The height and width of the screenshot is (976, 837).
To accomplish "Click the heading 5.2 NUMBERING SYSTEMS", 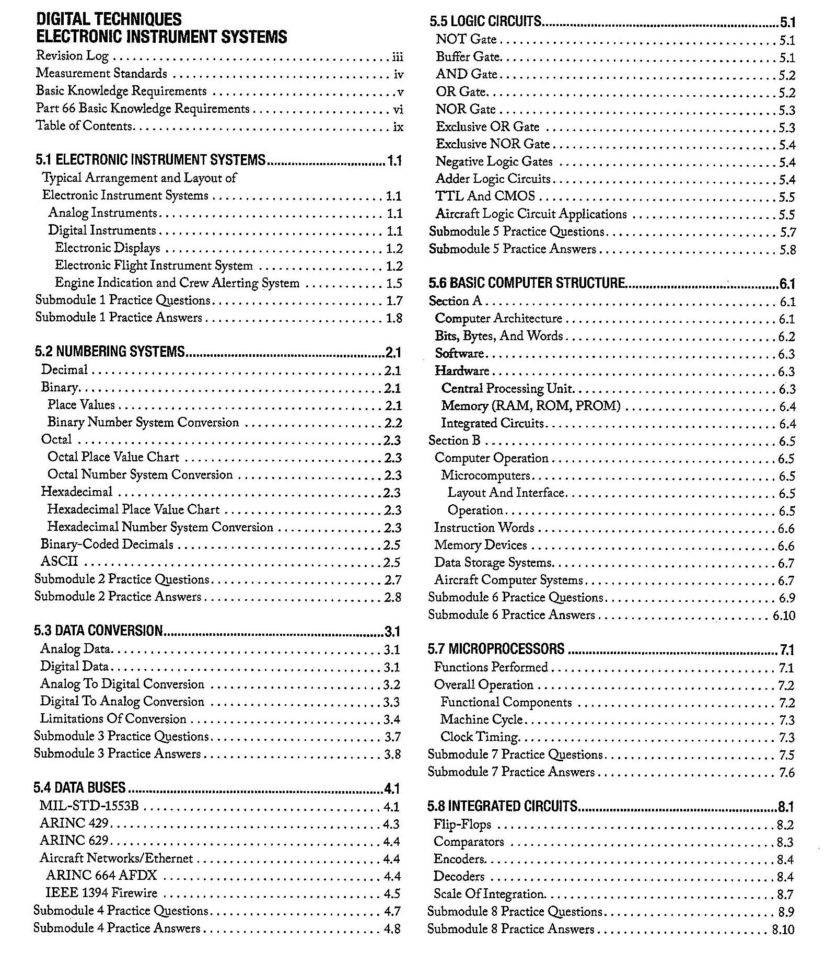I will [x=110, y=351].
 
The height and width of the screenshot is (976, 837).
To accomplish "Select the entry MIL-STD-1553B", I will [x=89, y=806].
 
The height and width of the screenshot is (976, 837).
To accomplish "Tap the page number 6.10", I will [x=784, y=615].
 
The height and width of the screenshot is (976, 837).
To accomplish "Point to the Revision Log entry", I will [x=72, y=56].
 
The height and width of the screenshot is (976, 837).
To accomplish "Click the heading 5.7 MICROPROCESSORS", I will [x=496, y=649].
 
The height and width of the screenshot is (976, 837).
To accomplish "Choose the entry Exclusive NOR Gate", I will [x=493, y=144].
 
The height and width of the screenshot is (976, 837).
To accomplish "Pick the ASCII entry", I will [x=60, y=562].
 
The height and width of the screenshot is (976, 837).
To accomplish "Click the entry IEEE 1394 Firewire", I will [x=101, y=893].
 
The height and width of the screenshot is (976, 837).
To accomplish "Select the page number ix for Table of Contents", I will [x=398, y=126].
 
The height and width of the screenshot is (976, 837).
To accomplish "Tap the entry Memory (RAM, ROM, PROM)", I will [x=530, y=406].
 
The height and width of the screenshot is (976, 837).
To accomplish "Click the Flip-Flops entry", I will [x=462, y=824].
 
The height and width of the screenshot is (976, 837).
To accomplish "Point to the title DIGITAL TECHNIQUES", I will [x=109, y=20].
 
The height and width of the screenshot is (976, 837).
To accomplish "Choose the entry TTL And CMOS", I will [x=485, y=196].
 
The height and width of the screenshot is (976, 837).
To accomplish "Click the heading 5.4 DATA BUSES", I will [x=80, y=787].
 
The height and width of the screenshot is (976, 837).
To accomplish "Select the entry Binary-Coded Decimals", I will [x=107, y=544].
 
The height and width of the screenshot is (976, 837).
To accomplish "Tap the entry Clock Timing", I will [x=479, y=737].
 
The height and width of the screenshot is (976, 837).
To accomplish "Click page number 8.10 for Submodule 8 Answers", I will [x=783, y=929].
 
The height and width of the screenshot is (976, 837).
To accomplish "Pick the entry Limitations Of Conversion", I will [x=113, y=719].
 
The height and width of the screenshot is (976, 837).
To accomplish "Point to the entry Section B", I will [x=454, y=440].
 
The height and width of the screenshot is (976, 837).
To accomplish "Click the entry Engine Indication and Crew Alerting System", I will [x=177, y=283].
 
